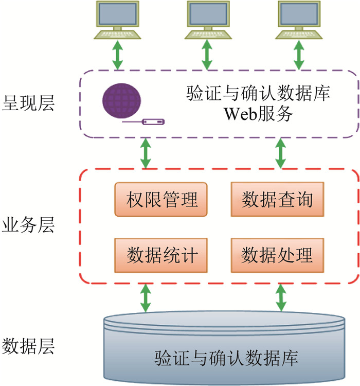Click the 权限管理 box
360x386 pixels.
161,199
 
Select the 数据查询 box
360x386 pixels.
277,199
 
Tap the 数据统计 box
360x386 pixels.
161,255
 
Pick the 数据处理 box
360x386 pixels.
277,255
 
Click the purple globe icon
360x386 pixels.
121,101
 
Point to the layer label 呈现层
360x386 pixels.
28,103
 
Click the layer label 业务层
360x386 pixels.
28,225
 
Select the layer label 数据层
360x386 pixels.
28,346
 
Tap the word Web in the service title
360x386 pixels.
240,114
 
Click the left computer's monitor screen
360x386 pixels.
118,13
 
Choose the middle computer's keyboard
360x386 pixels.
208,34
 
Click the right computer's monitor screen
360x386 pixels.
299,13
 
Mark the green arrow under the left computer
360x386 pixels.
118,55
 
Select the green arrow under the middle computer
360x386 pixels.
207,55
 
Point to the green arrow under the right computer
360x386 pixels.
299,55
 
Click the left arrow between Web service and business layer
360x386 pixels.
146,153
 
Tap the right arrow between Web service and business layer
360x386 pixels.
280,153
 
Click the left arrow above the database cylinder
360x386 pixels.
146,298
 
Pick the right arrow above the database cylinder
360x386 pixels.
281,298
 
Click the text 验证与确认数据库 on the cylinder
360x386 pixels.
226,358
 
